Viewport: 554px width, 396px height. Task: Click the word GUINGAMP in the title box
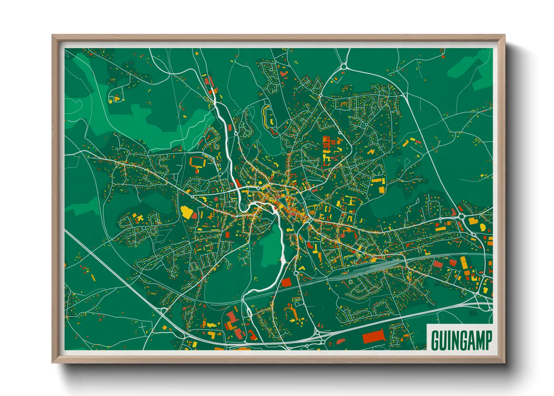click(461, 340)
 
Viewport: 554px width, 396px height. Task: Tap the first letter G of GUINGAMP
click(435, 340)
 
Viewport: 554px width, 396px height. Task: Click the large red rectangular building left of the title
click(374, 336)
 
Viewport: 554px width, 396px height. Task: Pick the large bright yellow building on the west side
click(186, 211)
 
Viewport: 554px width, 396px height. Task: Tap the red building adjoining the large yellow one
click(195, 215)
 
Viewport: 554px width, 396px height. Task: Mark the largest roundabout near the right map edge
click(462, 216)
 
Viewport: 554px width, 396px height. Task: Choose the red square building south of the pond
click(286, 282)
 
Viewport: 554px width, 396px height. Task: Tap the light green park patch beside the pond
click(271, 249)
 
